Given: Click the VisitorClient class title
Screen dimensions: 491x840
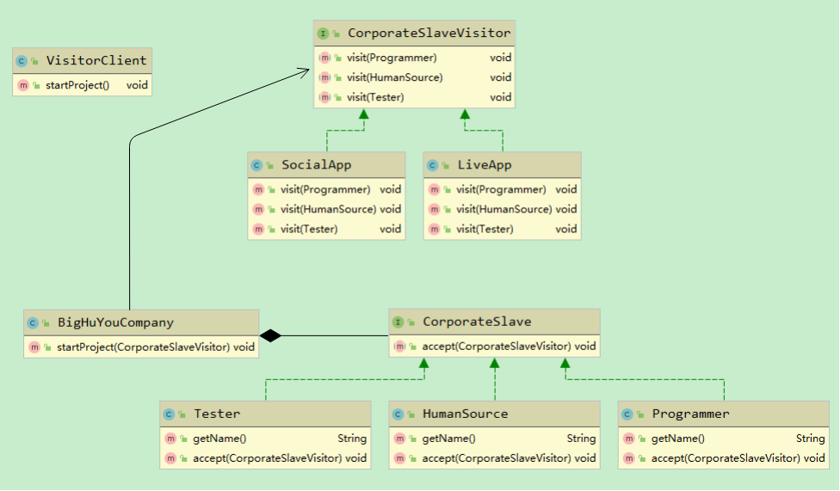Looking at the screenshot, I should point(96,60).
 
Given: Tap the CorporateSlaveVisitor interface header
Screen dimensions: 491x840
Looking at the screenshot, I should point(428,34).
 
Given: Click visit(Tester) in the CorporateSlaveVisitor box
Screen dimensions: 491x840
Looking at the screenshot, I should point(375,97).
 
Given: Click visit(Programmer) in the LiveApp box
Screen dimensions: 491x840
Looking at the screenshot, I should point(501,189).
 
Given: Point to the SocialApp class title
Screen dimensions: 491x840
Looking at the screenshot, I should point(316,164).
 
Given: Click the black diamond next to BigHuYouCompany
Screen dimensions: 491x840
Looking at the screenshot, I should point(270,336).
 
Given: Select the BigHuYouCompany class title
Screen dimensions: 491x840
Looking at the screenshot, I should point(115,322).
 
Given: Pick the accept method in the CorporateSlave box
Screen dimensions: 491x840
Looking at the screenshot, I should point(496,347).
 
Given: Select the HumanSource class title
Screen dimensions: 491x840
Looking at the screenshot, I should point(465,414).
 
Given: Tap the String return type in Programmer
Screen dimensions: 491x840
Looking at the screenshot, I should point(810,439).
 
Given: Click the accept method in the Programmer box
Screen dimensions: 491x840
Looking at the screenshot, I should point(725,458).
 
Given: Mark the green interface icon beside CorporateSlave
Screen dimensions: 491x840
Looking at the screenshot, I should point(398,322).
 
